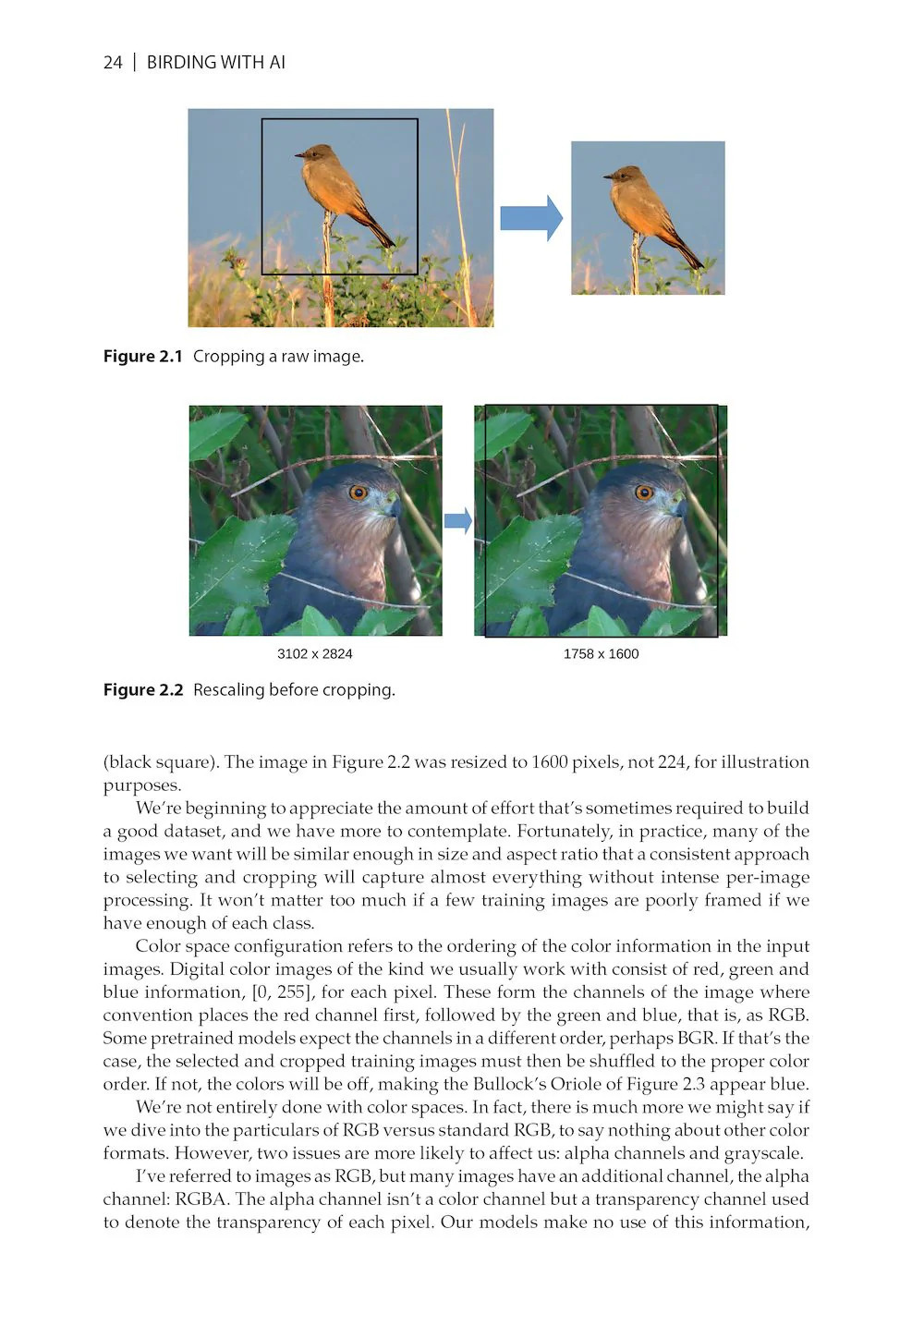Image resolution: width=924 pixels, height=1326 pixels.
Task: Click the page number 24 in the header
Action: [113, 63]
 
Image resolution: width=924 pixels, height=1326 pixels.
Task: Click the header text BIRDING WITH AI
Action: [215, 63]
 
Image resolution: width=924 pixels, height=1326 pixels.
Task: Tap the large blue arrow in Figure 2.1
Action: [531, 218]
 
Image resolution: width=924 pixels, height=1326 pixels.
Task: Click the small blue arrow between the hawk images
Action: [457, 521]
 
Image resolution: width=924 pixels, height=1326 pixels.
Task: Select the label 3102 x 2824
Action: [314, 654]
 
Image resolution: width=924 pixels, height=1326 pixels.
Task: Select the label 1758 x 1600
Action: [601, 654]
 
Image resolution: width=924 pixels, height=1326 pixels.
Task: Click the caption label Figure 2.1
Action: [142, 357]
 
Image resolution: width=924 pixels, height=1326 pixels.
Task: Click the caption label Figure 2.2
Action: [142, 690]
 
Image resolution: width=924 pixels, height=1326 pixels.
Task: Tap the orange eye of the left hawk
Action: [358, 492]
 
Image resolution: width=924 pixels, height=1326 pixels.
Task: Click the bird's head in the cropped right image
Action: [627, 175]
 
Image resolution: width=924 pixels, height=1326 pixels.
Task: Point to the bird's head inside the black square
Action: [319, 152]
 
